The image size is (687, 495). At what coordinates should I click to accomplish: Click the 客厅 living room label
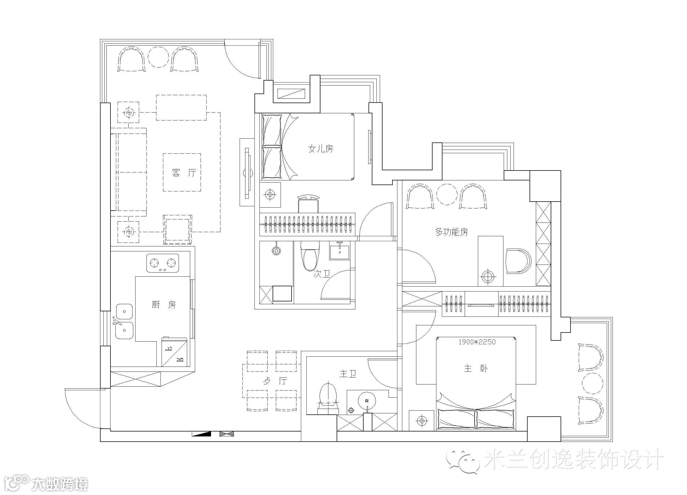(184, 173)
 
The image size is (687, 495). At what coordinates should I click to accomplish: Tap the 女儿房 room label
(320, 149)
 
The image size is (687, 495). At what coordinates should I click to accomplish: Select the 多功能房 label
(451, 232)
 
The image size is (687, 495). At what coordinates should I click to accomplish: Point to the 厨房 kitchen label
(164, 305)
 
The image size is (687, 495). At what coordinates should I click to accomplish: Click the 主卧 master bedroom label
(476, 369)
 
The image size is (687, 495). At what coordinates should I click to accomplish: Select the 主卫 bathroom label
(348, 374)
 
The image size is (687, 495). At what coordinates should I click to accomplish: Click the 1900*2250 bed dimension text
(477, 342)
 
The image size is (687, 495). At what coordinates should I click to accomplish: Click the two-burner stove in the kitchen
(163, 263)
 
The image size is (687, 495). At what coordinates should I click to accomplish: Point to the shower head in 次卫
(276, 250)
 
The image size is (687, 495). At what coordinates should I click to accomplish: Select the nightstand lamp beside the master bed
(422, 421)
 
